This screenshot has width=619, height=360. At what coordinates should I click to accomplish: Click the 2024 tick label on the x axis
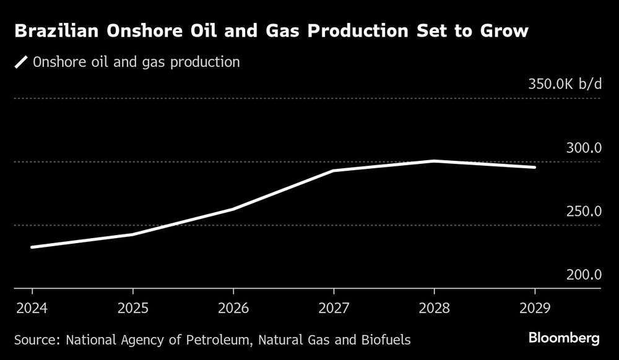[32, 307]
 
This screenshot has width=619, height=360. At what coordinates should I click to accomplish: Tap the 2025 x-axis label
[132, 307]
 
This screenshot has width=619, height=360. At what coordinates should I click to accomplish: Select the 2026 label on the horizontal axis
[233, 307]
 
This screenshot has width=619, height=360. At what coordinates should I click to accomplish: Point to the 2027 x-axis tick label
[334, 307]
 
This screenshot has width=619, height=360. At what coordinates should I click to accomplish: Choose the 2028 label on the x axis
[435, 307]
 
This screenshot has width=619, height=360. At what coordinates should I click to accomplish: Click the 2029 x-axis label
[535, 307]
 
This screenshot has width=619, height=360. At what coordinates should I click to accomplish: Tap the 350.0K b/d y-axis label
[565, 85]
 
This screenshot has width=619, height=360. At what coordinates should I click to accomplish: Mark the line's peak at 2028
[435, 161]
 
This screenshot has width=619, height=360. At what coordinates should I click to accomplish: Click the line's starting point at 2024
[32, 247]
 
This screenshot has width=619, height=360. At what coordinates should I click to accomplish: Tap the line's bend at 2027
[334, 170]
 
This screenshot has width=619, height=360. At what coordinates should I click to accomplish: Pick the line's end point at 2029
[534, 167]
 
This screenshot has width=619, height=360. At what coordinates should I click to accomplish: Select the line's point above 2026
[233, 209]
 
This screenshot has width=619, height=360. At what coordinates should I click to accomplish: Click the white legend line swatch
[22, 62]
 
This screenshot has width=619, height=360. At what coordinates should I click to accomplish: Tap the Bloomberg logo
[564, 338]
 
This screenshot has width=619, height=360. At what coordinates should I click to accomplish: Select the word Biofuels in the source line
[387, 340]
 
